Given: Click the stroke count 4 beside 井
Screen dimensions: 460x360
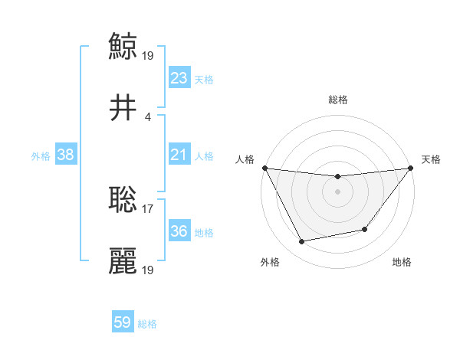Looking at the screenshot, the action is tap(148, 116).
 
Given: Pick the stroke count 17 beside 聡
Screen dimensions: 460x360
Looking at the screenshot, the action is tap(148, 208).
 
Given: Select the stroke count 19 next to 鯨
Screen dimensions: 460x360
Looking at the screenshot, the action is tap(148, 55).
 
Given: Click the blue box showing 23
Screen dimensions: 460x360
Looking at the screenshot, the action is tap(179, 78).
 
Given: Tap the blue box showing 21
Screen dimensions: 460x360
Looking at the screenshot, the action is tap(179, 155).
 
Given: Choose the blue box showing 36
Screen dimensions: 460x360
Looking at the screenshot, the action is tap(179, 231).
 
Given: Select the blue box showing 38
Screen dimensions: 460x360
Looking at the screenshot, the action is tap(65, 155).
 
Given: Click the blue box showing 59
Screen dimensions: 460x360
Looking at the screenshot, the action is tap(122, 322).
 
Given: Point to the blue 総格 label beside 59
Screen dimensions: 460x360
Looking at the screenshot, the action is tap(147, 324).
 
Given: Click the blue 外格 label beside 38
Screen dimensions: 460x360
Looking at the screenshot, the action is tap(41, 155).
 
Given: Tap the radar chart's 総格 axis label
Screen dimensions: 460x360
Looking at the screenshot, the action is tap(337, 100).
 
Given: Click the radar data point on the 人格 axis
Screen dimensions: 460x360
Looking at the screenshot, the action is tap(264, 168).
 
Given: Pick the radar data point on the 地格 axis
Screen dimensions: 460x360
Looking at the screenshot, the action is tap(365, 229).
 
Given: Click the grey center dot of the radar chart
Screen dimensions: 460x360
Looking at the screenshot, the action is tap(337, 191).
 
